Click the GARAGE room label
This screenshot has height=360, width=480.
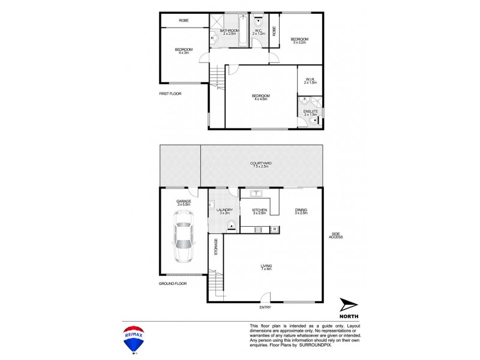pos(183,201)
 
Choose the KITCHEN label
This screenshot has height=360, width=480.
pos(259,209)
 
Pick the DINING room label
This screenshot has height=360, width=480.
pos(301,209)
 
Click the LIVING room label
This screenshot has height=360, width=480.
pos(265,266)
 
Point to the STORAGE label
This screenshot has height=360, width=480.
pos(216,248)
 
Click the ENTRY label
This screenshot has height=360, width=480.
pos(265,308)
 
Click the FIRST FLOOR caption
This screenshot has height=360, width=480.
pos(170,94)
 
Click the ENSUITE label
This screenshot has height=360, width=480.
pos(310,111)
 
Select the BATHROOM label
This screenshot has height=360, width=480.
pos(229,31)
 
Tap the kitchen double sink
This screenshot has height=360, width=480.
pos(259,193)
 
